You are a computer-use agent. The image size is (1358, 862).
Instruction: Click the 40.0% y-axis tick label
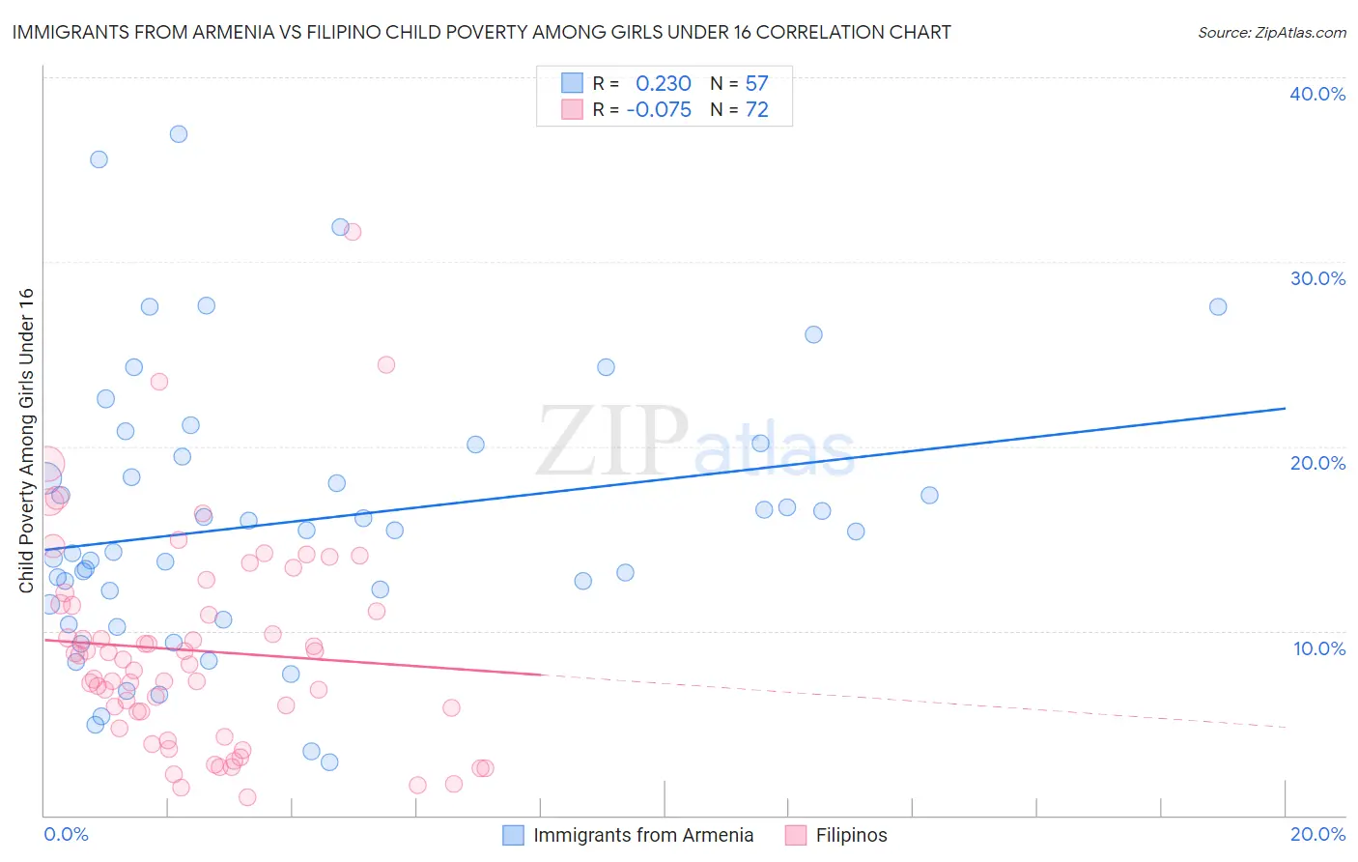[x=1317, y=94]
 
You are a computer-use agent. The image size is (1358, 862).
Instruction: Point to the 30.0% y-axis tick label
[x=1317, y=278]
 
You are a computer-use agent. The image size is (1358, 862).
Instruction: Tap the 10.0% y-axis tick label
[x=1319, y=648]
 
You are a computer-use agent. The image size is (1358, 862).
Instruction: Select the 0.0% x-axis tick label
[x=66, y=834]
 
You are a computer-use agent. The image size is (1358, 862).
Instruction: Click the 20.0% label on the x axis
[x=1317, y=834]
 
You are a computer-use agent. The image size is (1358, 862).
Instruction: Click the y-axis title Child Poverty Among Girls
[x=26, y=441]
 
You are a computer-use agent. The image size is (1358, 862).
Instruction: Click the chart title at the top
[x=481, y=32]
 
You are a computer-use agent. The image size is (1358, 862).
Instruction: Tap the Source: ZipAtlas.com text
[x=1271, y=32]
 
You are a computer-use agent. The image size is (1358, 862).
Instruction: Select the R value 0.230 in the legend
[x=663, y=84]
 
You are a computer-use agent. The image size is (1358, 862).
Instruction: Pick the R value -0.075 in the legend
[x=659, y=110]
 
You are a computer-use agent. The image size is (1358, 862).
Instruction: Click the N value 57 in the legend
[x=756, y=84]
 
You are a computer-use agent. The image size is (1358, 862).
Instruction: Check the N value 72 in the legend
[x=756, y=110]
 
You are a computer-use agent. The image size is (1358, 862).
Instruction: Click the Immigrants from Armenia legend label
[x=643, y=835]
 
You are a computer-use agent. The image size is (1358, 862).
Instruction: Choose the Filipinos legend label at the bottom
[x=851, y=835]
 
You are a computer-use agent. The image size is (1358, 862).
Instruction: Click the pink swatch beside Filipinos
[x=796, y=835]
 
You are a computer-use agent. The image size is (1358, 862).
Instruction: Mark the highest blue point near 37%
[x=179, y=134]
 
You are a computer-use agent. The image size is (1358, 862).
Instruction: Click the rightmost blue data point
[x=1218, y=307]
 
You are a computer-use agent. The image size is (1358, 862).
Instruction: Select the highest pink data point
[x=353, y=232]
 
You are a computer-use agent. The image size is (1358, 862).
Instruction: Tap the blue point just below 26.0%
[x=813, y=334]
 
